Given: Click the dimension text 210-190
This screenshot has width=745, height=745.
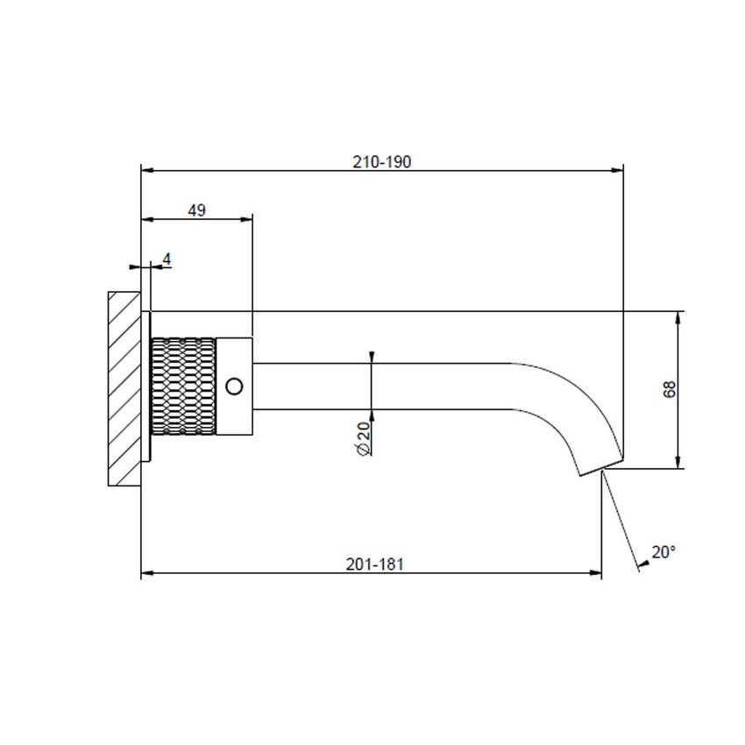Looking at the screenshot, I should [x=381, y=161].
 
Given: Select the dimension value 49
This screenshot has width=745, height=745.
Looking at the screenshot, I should [x=196, y=209].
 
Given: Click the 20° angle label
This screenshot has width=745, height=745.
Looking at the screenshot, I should [x=663, y=551].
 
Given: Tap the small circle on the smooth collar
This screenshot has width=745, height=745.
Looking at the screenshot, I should [x=235, y=386].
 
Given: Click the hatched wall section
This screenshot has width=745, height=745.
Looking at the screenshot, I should [x=124, y=389].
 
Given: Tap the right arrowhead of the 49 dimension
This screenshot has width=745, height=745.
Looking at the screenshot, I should [x=248, y=219].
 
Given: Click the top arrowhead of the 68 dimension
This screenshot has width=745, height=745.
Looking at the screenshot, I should [x=678, y=316].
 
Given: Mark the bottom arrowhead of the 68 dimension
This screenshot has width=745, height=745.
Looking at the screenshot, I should [x=678, y=464].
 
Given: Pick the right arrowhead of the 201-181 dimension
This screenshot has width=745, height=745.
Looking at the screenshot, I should [x=597, y=574].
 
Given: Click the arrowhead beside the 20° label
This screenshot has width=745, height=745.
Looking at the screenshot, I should [x=642, y=565].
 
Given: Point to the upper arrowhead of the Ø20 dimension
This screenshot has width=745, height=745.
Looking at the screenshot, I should [x=372, y=357].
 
